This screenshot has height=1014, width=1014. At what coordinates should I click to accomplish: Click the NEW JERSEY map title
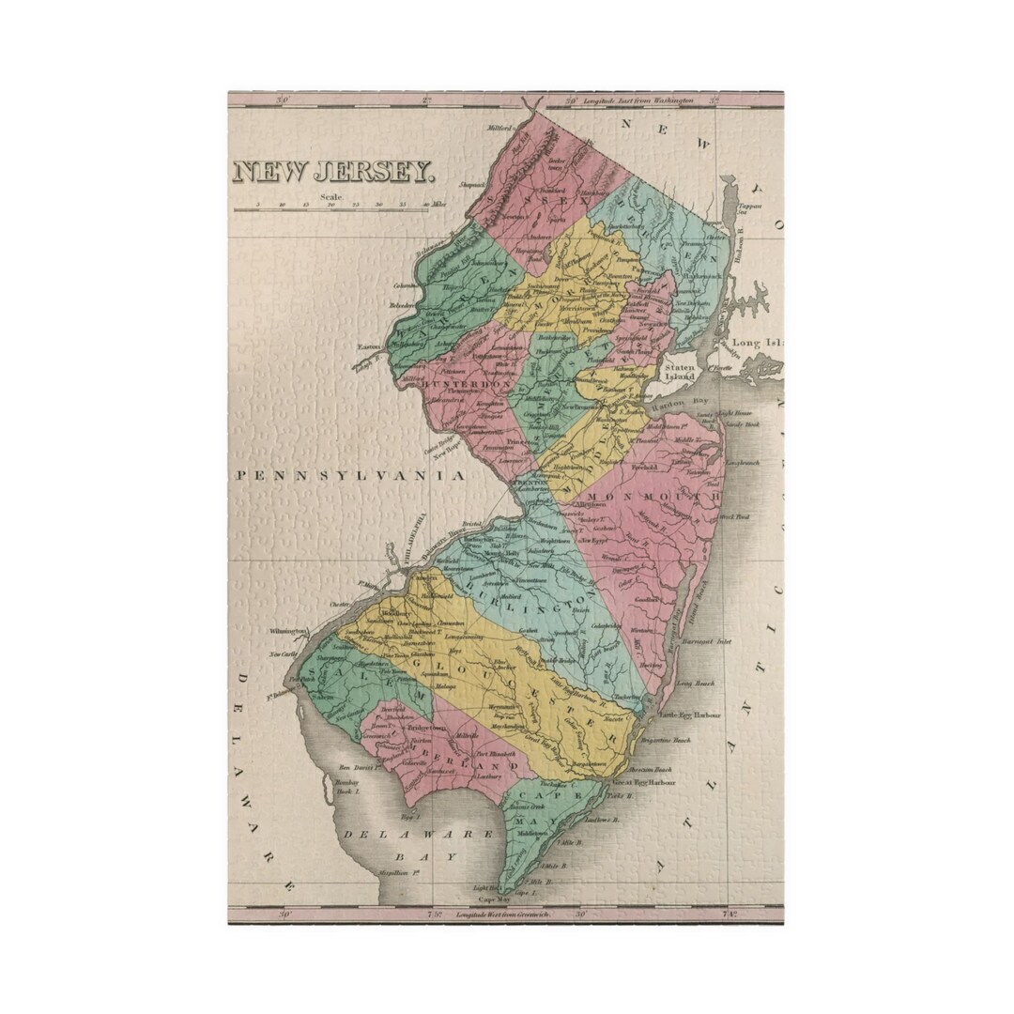(333, 172)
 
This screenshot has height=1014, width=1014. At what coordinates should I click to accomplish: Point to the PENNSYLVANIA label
(350, 477)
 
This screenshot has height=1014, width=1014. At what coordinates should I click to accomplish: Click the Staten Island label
(679, 371)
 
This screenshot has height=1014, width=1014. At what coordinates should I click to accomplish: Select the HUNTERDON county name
(469, 385)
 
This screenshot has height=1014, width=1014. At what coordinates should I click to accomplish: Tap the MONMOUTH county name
(652, 494)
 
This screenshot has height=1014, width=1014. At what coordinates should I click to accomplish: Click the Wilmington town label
(288, 631)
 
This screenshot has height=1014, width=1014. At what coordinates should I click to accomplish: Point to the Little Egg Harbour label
(690, 714)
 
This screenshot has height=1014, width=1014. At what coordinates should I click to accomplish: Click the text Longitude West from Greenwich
(503, 914)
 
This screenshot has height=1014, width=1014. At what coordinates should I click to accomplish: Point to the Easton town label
(368, 346)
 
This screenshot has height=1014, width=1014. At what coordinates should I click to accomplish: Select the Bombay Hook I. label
(350, 787)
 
